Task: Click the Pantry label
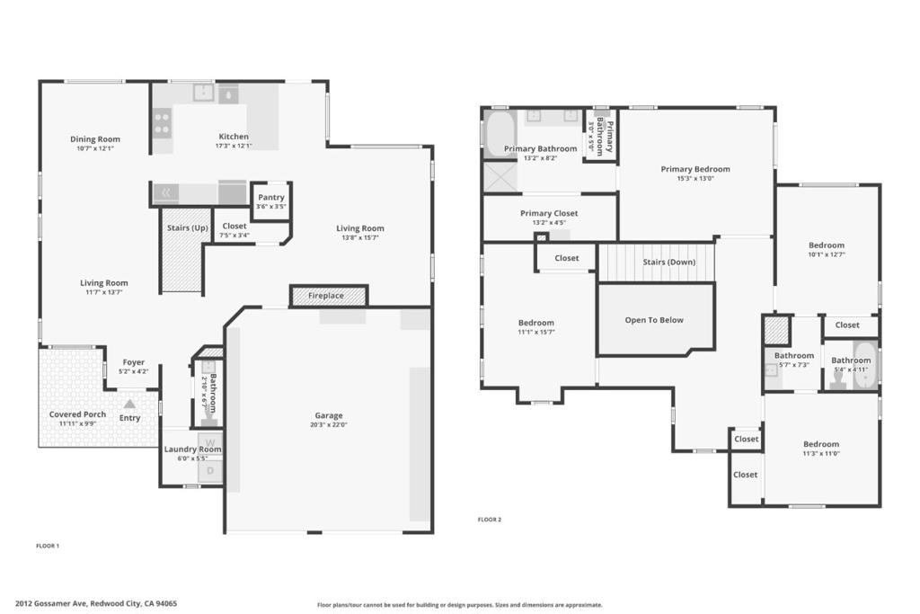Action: [x=271, y=197]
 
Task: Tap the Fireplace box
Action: [x=329, y=295]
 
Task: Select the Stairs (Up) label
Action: [x=187, y=227]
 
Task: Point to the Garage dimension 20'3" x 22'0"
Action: [x=329, y=424]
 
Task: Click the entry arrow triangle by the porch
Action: [x=129, y=404]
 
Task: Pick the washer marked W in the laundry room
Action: [x=210, y=443]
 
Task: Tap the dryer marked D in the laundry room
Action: [x=210, y=471]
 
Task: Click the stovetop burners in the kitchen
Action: [x=162, y=122]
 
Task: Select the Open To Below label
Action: [x=654, y=320]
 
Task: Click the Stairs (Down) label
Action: [x=668, y=262]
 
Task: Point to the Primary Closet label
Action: [x=549, y=213]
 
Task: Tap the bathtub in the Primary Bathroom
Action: [x=500, y=133]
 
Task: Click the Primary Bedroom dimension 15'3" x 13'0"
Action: [x=695, y=179]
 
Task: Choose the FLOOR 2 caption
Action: [x=490, y=520]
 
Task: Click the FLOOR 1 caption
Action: [x=48, y=546]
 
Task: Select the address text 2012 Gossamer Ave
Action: [x=51, y=603]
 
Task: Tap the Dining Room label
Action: [x=95, y=139]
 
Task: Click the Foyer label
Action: [x=134, y=362]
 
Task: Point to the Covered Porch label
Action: [x=77, y=414]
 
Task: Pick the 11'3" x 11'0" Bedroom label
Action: [x=821, y=449]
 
